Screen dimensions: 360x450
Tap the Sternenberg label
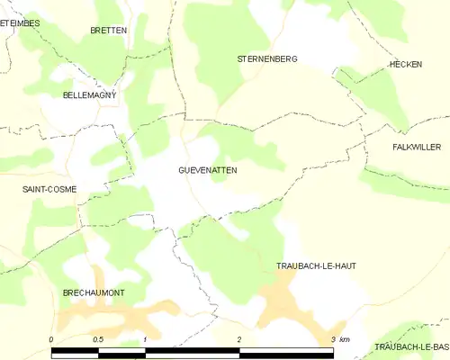pos(266,58)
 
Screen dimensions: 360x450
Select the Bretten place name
pos(108,30)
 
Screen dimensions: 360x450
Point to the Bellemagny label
pos(89,94)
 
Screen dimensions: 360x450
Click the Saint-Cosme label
pos(49,189)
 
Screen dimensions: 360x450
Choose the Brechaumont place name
pos(93,293)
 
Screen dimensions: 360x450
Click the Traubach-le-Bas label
pos(411,347)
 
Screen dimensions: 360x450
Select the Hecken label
pos(406,65)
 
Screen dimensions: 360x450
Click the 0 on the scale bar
pos(51,339)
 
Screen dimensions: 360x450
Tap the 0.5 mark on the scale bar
pos(97,339)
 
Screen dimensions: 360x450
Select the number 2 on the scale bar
pos(239,339)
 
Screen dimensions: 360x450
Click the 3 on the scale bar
pos(333,339)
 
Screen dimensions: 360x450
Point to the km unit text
pos(346,339)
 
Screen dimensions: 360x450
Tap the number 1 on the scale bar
pos(145,339)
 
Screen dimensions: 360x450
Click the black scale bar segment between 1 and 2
pos(192,348)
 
